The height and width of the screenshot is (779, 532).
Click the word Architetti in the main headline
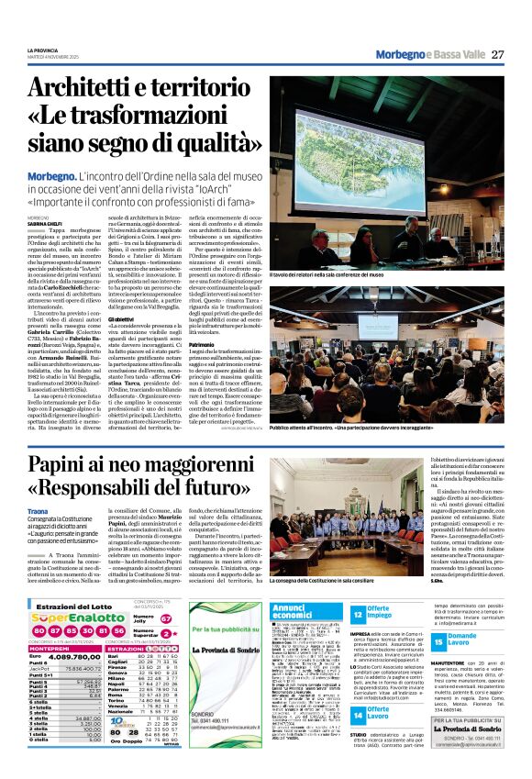pos(97,87)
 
